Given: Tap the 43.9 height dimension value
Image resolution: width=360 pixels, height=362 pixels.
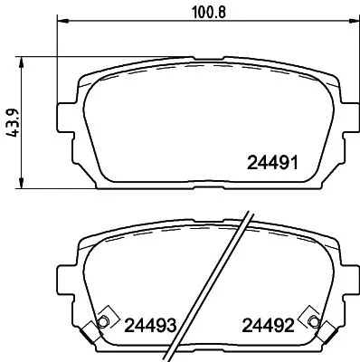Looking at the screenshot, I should point(13,122).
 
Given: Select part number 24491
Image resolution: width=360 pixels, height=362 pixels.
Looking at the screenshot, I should point(272,164).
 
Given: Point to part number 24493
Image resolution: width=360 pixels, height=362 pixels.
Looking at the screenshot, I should point(149,325).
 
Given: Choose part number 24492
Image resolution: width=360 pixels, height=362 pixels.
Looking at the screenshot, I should point(268,325).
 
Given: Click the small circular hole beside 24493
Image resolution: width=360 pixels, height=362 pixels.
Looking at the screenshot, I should point(103,323).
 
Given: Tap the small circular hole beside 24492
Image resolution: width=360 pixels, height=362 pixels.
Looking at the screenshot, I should point(314,323).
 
